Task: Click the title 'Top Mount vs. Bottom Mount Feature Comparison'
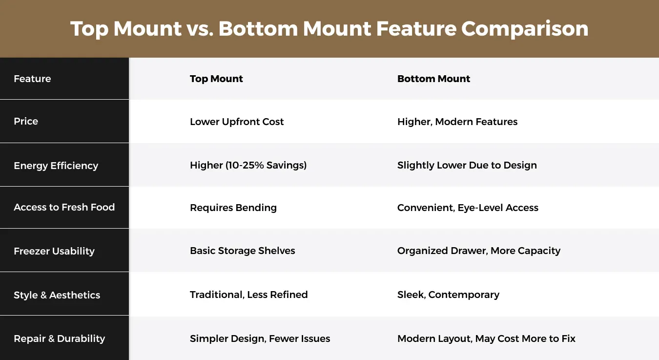(x=329, y=29)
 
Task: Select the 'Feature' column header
(x=32, y=79)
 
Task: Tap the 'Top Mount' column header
(x=216, y=79)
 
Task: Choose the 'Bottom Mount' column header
(x=433, y=79)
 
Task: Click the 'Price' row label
(x=26, y=121)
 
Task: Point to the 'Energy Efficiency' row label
(x=56, y=166)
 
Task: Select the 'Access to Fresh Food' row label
(x=64, y=207)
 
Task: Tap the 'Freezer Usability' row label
(x=54, y=251)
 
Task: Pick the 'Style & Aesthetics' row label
(x=57, y=295)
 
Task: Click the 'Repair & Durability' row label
(x=59, y=339)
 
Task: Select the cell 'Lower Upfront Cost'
(x=237, y=122)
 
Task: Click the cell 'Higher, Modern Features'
(x=457, y=122)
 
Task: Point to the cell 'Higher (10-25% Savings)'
(x=248, y=165)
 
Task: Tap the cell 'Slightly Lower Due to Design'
(x=467, y=165)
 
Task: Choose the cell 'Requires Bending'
(x=233, y=208)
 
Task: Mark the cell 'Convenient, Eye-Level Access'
(x=468, y=208)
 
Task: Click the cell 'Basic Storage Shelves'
(x=243, y=251)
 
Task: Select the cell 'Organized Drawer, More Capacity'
(x=478, y=251)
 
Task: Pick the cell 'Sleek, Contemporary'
(x=448, y=295)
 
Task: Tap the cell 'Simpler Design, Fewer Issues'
(x=260, y=339)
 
